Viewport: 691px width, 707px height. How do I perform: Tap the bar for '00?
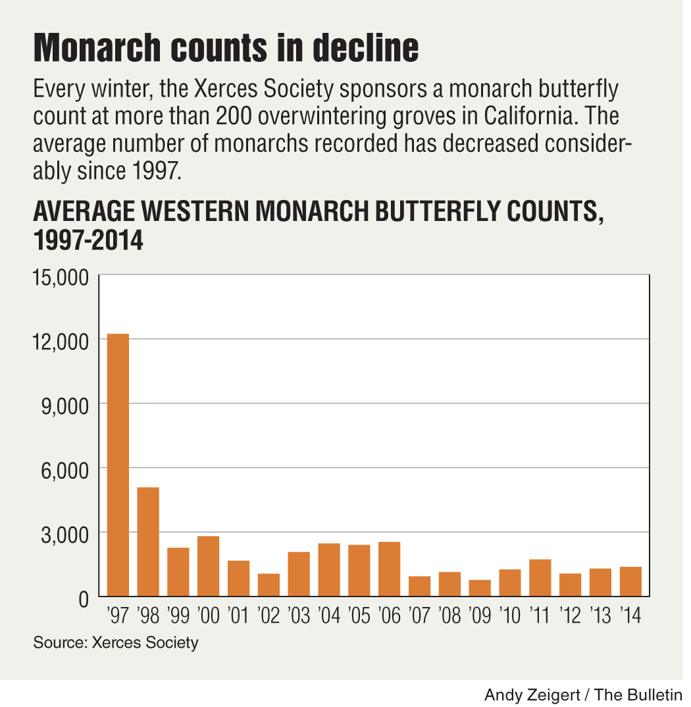point(208,566)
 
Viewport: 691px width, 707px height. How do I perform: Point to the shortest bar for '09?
point(480,587)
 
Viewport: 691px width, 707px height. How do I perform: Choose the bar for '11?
point(540,577)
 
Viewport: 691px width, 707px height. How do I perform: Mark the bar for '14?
point(630,581)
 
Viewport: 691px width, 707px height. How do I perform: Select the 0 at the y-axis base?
point(84,599)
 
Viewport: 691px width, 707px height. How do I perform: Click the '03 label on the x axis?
point(298,616)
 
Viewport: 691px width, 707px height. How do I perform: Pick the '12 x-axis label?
point(570,616)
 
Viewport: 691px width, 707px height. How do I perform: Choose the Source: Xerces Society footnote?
point(116,643)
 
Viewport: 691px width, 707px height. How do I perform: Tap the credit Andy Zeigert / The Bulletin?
point(583,695)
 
